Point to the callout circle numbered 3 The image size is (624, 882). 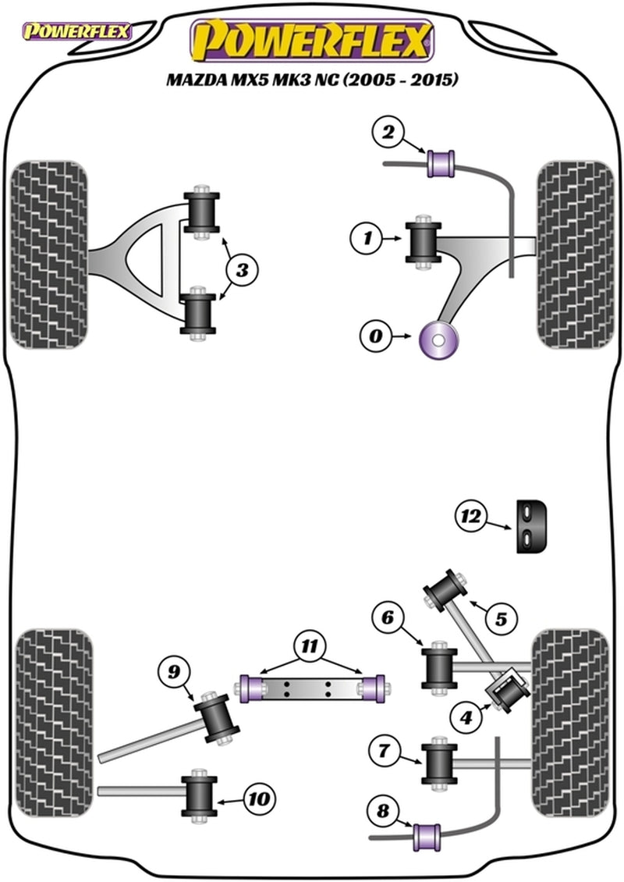[243, 271]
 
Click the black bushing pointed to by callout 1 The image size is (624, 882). [424, 243]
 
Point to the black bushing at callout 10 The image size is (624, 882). [200, 798]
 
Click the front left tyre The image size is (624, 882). [48, 255]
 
